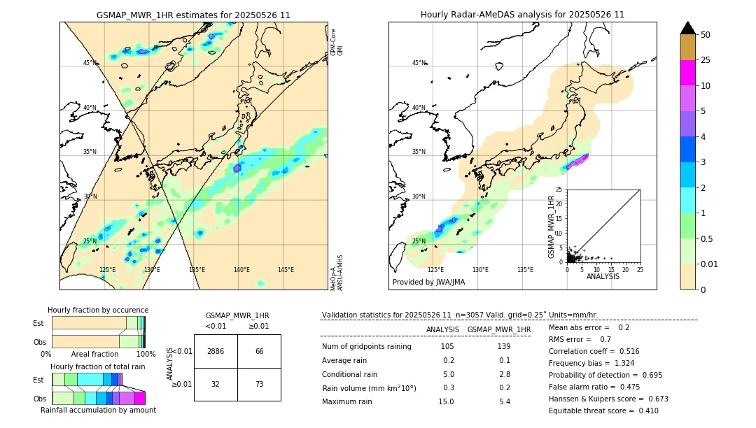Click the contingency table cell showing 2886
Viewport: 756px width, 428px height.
click(216, 351)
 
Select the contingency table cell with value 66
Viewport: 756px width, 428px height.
click(259, 351)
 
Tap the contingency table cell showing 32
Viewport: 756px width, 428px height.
click(216, 384)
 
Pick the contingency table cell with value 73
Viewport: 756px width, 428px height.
click(259, 384)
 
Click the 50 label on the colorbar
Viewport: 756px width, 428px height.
click(706, 35)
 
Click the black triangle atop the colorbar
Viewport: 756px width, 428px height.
click(688, 28)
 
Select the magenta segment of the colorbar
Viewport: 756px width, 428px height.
click(688, 73)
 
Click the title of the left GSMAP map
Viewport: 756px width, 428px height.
click(193, 15)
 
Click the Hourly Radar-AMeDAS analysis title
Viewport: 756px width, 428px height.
click(522, 15)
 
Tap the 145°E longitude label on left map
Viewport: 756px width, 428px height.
click(286, 270)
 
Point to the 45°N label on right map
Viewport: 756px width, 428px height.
click(419, 63)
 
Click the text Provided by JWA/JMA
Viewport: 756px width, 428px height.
click(428, 283)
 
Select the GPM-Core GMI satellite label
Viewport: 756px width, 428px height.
click(337, 42)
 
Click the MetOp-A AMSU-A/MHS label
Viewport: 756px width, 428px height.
click(337, 272)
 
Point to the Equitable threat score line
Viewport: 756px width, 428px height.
click(603, 411)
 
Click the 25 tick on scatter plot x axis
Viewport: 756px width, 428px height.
click(640, 269)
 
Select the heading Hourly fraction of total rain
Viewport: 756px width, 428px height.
click(98, 366)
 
